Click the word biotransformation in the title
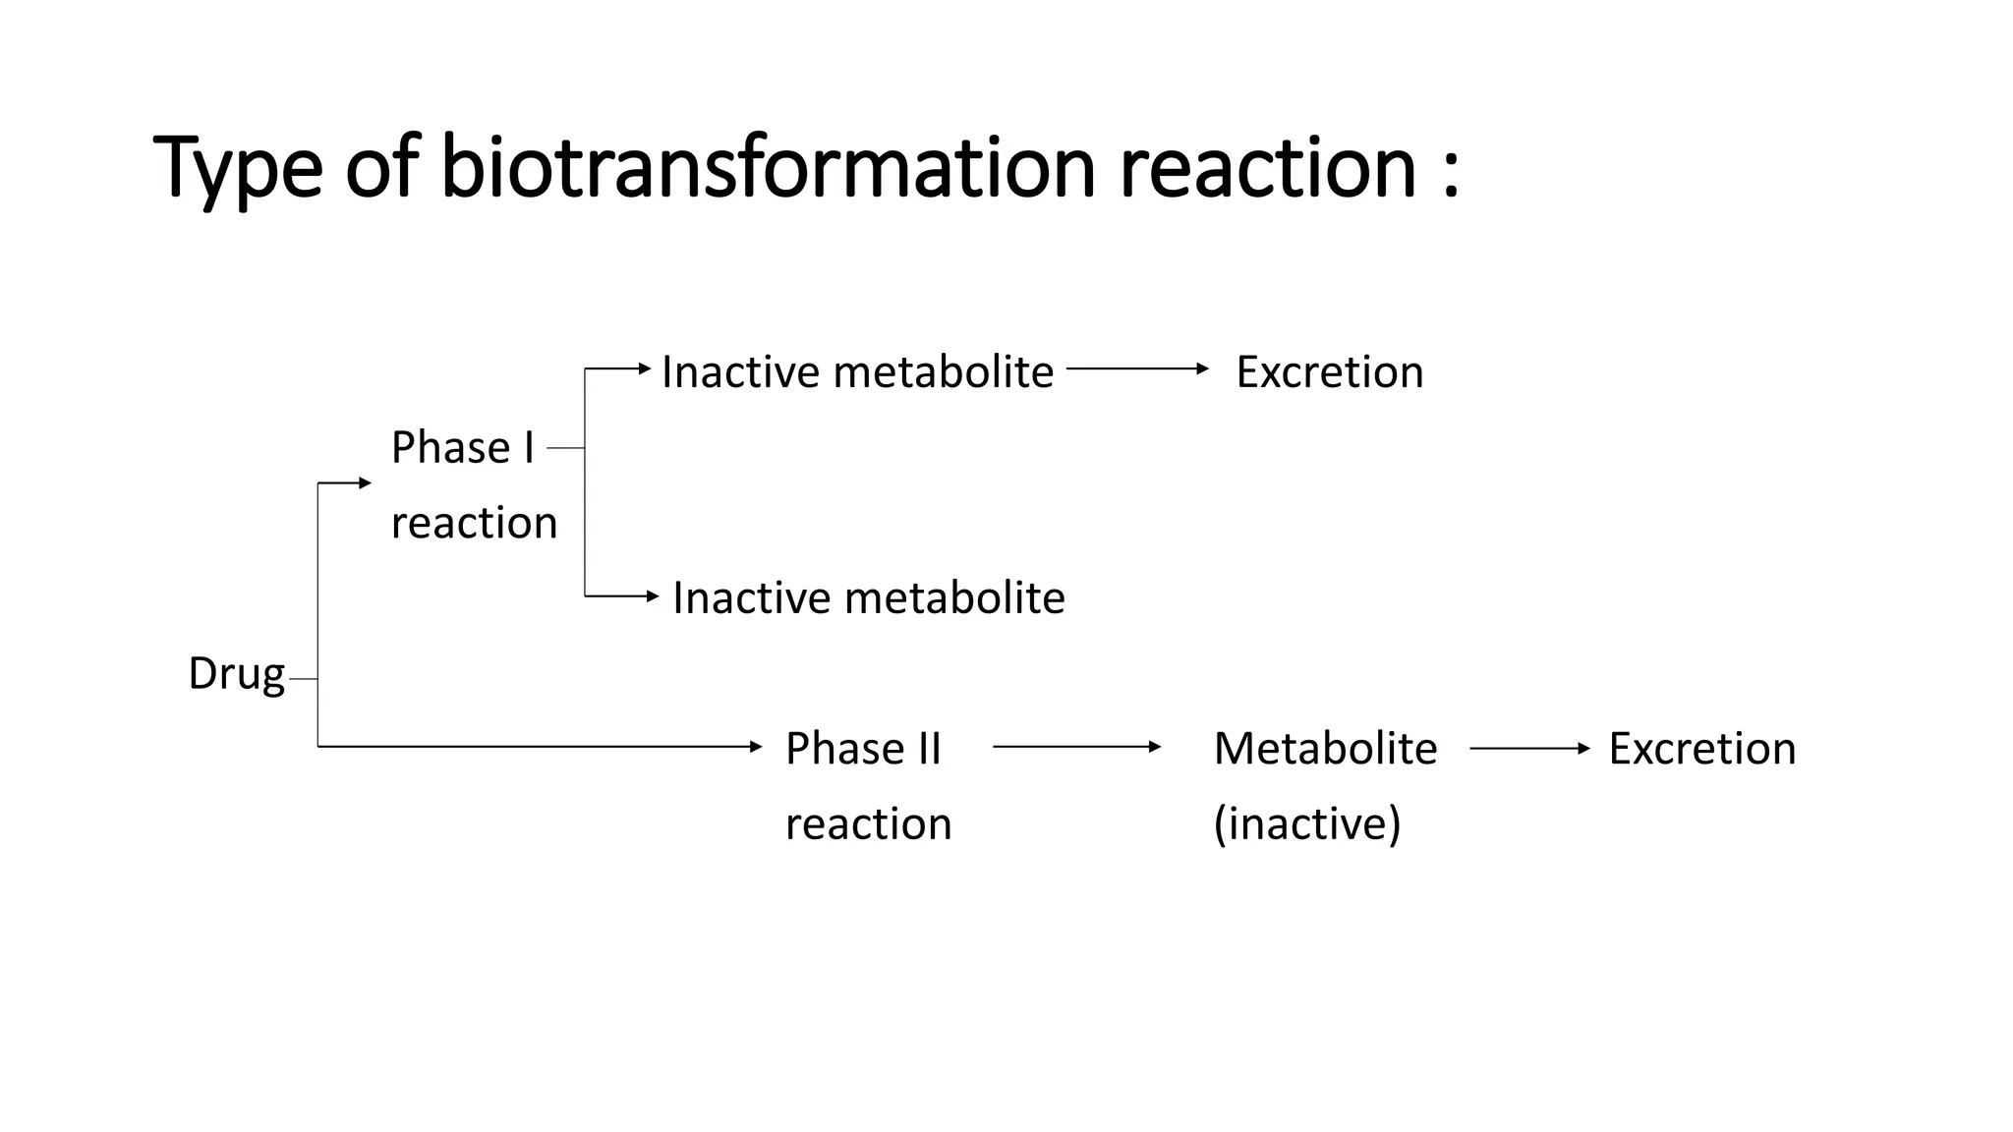pos(767,167)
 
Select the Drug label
pos(236,674)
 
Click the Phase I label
pos(462,448)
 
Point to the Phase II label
pos(863,749)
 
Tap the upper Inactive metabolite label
pos(857,372)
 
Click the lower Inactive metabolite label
pos(868,597)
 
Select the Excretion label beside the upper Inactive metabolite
pos(1329,372)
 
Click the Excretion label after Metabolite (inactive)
pos(1701,749)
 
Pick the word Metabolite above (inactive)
pos(1325,749)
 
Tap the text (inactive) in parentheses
pos(1306,823)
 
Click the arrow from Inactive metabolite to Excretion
pos(1137,368)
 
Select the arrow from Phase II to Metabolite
pos(1076,747)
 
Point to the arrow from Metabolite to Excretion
pos(1528,749)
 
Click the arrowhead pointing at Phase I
pos(366,482)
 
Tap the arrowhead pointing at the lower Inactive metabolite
pos(653,595)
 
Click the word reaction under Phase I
pos(474,523)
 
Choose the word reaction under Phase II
pos(868,823)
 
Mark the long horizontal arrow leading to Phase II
pos(541,747)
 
